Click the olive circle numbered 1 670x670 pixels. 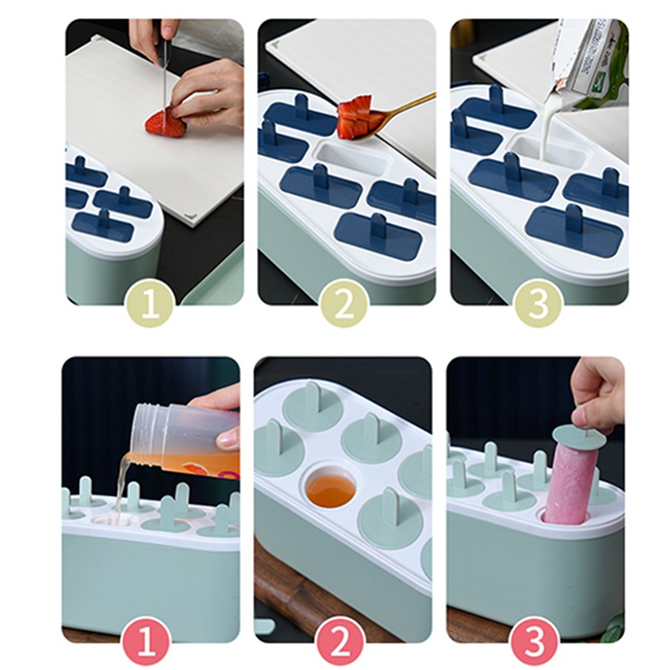pyautogui.click(x=150, y=304)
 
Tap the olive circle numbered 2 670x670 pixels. pyautogui.click(x=344, y=304)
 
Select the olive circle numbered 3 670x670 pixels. pyautogui.click(x=538, y=304)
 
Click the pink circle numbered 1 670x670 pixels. pyautogui.click(x=147, y=642)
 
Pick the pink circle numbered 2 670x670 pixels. pyautogui.click(x=340, y=642)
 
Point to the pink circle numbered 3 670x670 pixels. pyautogui.click(x=534, y=642)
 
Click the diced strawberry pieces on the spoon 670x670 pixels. pyautogui.click(x=355, y=116)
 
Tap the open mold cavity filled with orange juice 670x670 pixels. pyautogui.click(x=330, y=489)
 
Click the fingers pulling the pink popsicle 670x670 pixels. pyautogui.click(x=598, y=395)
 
